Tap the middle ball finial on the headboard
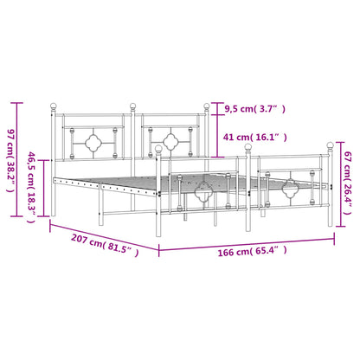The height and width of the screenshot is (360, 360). pos(133,108)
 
